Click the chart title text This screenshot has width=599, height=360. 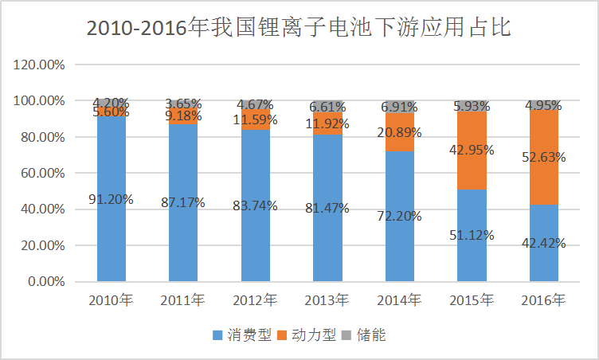pos(299,29)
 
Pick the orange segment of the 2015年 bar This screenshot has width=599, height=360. pos(472,171)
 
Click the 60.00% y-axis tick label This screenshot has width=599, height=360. pos(44,173)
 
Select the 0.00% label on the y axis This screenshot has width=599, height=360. pos(47,281)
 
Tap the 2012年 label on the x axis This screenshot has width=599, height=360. pos(255,301)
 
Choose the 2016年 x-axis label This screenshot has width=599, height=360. pos(544,301)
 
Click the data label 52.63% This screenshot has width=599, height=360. pos(545,157)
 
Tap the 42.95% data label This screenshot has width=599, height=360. pos(472,150)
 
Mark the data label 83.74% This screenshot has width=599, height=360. pos(256,205)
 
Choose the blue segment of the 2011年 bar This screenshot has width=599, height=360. pos(183,239)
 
